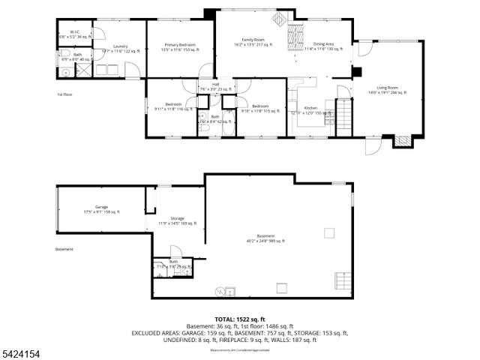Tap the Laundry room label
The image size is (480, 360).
pyautogui.click(x=120, y=46)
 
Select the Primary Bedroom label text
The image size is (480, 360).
pyautogui.click(x=179, y=45)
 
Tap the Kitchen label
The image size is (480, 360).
pyautogui.click(x=310, y=108)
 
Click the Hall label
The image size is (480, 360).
pyautogui.click(x=215, y=85)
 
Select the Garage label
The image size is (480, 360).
pyautogui.click(x=101, y=207)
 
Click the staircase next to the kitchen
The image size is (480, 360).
pyautogui.click(x=343, y=117)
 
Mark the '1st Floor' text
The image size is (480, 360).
pyautogui.click(x=65, y=94)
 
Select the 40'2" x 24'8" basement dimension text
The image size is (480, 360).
pyautogui.click(x=265, y=241)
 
